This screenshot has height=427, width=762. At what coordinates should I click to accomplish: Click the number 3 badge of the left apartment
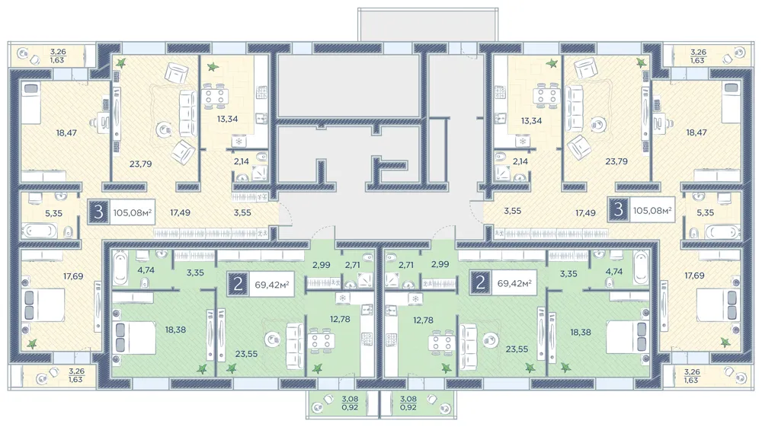[x=99, y=212]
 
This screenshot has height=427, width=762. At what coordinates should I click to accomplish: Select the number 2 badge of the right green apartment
[x=480, y=282]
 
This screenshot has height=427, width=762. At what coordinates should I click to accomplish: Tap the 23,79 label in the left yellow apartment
[x=140, y=164]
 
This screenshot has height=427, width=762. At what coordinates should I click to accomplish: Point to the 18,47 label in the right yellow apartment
[x=696, y=132]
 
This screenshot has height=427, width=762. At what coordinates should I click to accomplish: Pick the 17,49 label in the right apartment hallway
[x=585, y=212]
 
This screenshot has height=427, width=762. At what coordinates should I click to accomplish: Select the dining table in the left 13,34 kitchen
[x=214, y=96]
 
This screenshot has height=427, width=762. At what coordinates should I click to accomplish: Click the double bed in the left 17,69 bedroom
[x=43, y=304]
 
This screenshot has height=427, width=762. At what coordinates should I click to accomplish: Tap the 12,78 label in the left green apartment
[x=340, y=319]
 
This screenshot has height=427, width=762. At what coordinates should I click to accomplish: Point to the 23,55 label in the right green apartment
[x=517, y=349]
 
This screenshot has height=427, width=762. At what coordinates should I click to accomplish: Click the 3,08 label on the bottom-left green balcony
[x=350, y=400]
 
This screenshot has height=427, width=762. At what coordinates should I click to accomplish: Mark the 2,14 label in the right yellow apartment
[x=520, y=161]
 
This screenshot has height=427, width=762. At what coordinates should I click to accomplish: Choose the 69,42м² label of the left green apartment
[x=272, y=285]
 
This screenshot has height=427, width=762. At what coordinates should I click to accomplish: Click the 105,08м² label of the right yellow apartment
[x=652, y=210]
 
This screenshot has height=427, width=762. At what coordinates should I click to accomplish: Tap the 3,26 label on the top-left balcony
[x=58, y=52]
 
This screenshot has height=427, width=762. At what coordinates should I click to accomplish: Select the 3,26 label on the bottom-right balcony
[x=692, y=372]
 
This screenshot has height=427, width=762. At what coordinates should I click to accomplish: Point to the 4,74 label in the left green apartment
[x=146, y=270]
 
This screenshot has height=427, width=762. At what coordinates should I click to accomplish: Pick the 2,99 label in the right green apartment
[x=440, y=264]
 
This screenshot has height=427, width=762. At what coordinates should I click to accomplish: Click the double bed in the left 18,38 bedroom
[x=134, y=337]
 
